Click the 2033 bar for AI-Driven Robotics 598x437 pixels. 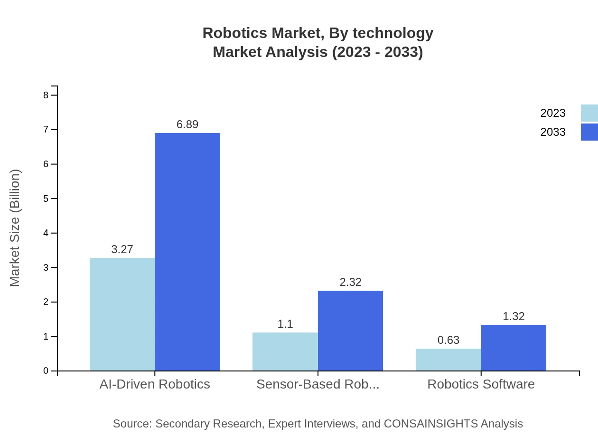tap(187, 252)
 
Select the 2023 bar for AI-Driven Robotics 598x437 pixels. tap(122, 314)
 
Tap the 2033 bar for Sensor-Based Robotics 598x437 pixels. tap(350, 331)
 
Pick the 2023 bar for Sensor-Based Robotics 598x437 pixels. tap(285, 351)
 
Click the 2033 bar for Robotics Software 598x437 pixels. tap(514, 348)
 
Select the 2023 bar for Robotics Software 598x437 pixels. tap(448, 360)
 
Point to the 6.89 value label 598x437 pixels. tap(187, 124)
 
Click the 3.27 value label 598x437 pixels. tap(122, 249)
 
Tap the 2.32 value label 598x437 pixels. tap(350, 282)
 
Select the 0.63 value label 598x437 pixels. tap(448, 340)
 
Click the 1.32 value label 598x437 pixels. tap(514, 316)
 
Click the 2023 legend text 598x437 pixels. tap(553, 113)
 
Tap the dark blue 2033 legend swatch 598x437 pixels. tap(589, 132)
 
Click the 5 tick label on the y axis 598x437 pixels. tap(46, 199)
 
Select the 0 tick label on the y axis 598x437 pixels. tap(46, 371)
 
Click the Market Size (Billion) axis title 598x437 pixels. tap(15, 228)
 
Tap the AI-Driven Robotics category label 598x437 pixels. tap(155, 384)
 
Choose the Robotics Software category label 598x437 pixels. tap(481, 384)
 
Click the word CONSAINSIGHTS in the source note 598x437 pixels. tap(431, 424)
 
